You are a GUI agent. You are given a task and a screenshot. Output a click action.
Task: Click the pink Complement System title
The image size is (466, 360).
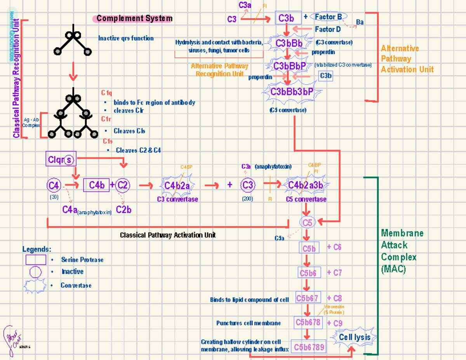(132, 18)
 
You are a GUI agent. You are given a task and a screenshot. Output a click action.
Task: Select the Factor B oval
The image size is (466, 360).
(329, 17)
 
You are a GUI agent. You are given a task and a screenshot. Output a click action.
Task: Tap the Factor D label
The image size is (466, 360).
(327, 29)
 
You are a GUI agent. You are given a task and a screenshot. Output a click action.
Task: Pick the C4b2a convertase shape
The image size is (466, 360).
(177, 186)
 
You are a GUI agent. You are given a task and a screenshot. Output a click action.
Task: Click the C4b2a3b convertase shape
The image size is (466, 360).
(306, 185)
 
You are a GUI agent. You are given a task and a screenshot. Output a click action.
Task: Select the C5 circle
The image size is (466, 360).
(307, 223)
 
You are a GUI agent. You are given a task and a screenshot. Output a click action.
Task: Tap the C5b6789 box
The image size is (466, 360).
(309, 347)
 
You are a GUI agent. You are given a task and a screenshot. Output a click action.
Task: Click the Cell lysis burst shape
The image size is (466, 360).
(355, 337)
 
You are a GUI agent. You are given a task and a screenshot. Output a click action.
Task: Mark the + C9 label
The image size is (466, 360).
(335, 323)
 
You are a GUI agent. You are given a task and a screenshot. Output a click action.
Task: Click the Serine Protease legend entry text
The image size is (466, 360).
(82, 260)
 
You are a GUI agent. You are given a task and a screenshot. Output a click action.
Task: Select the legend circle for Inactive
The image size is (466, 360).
(35, 272)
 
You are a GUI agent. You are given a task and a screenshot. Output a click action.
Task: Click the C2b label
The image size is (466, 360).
(123, 210)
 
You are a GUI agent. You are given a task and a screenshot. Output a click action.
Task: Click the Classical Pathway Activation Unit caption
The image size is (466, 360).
(167, 235)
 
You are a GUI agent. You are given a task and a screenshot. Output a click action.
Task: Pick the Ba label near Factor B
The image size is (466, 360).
(360, 22)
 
